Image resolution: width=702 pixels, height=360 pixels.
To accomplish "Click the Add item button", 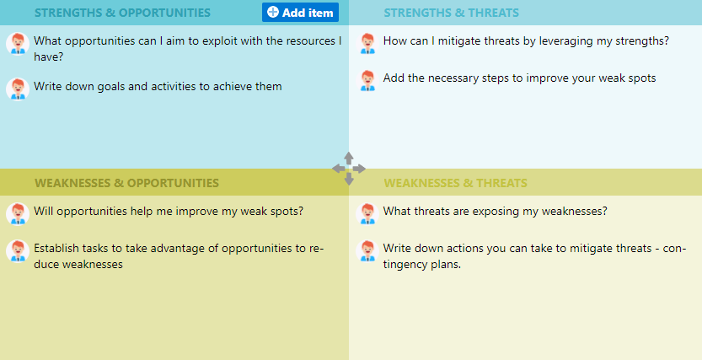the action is point(300,13).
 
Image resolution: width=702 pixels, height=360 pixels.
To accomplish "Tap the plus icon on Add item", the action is point(273,12).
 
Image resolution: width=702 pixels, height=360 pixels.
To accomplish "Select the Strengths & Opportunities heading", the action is point(122,13).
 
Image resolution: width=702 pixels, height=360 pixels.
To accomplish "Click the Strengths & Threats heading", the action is point(452,13).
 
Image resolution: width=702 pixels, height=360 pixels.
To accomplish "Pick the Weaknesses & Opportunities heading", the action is point(126,183).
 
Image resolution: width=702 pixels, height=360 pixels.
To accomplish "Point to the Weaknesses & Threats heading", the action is point(455,183).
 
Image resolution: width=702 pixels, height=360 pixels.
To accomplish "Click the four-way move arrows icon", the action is point(349,169).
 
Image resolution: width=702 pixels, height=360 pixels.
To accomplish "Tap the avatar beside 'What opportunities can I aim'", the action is point(18,44).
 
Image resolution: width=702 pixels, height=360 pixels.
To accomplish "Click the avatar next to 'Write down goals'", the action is point(18,89).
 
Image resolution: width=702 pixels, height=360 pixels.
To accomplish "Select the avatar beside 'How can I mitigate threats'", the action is point(367,44).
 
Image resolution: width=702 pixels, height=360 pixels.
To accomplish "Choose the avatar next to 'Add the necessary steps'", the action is point(367,81).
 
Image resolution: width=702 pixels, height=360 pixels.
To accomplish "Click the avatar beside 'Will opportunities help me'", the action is point(18,213).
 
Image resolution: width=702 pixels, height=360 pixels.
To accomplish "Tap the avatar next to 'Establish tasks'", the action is point(18,250).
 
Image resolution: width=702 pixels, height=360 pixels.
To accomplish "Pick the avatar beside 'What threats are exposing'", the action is point(367,213).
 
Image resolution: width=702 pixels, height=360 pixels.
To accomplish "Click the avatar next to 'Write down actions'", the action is point(367,250).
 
